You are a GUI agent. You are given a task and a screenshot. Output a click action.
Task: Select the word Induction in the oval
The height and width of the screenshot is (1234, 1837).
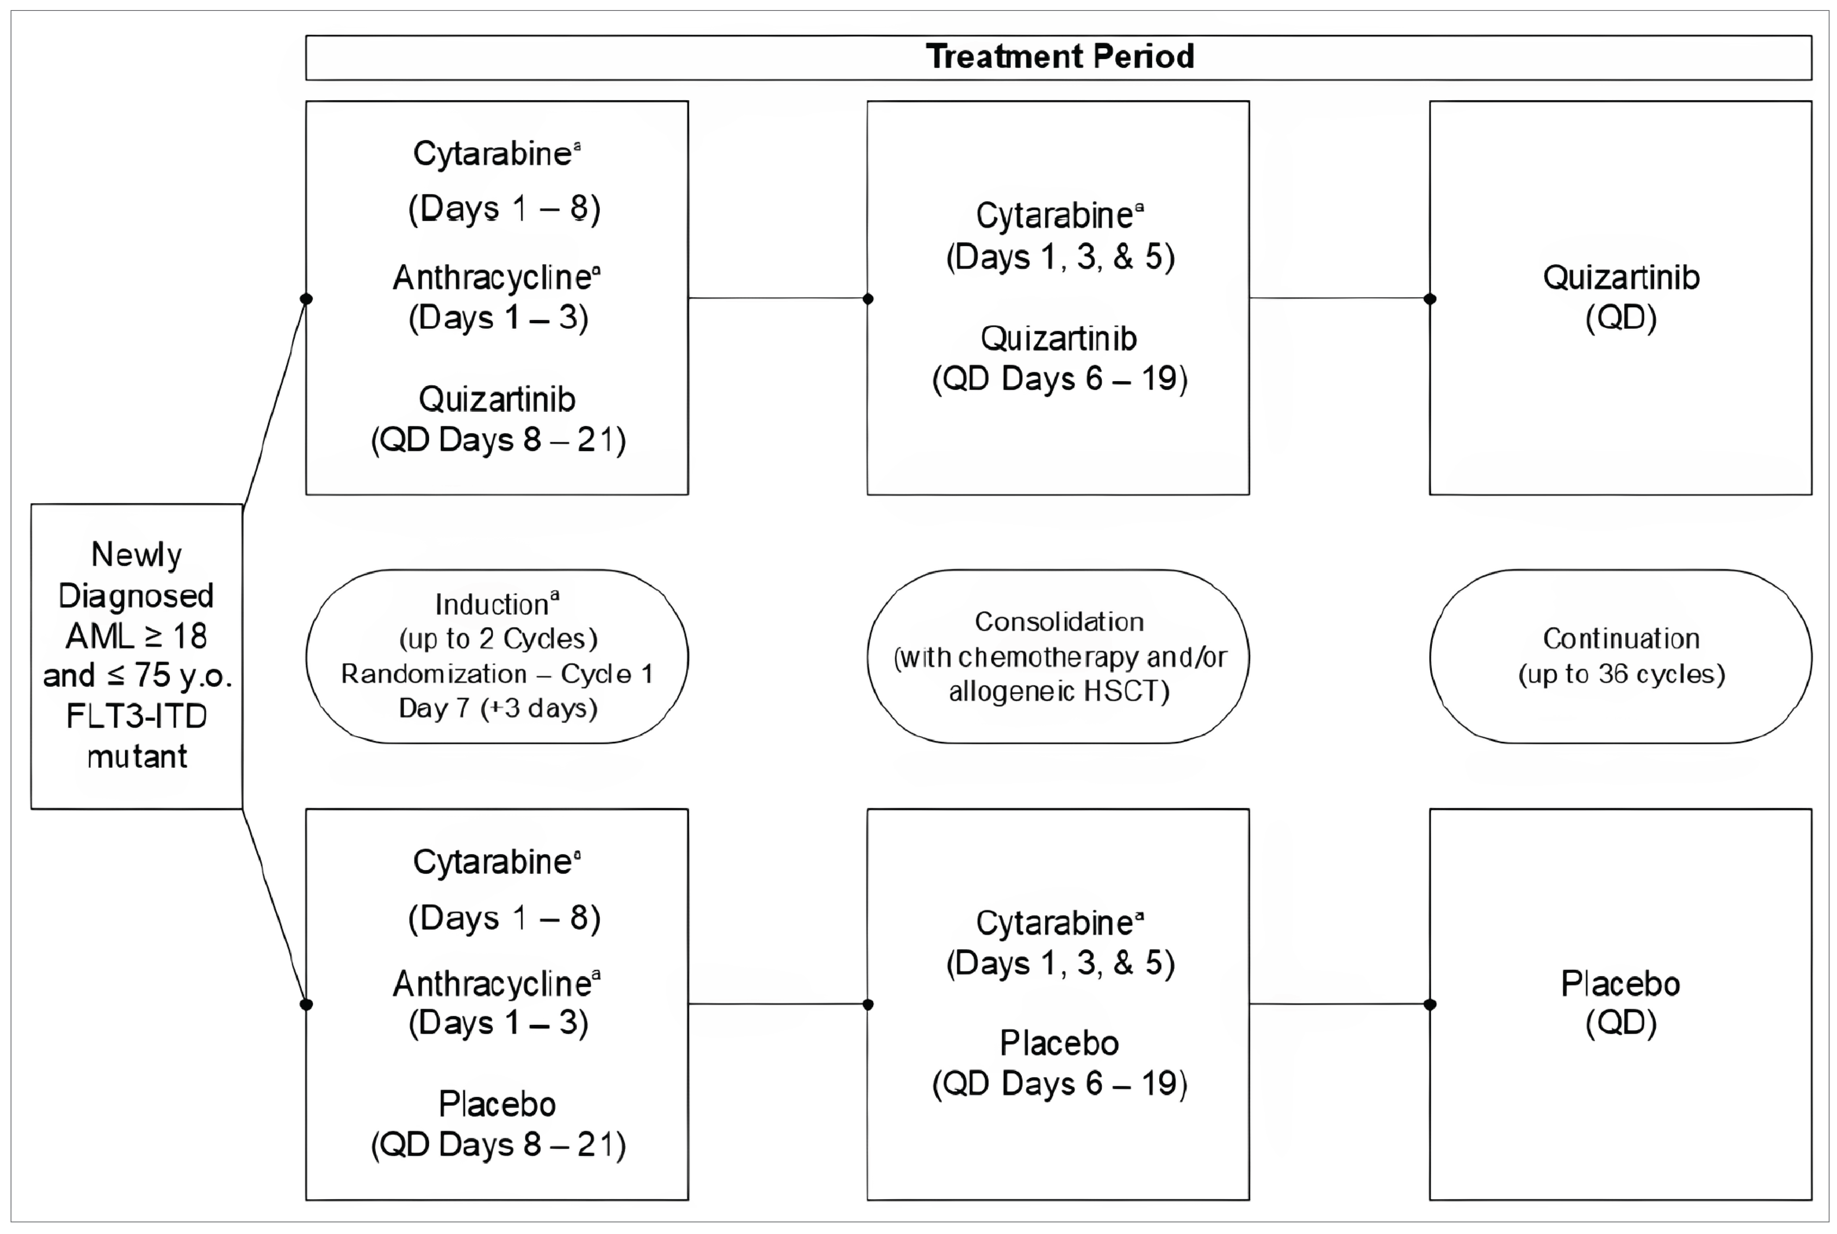pyautogui.click(x=492, y=604)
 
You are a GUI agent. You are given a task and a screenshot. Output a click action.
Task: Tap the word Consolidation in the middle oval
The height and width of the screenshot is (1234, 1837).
pyautogui.click(x=1059, y=622)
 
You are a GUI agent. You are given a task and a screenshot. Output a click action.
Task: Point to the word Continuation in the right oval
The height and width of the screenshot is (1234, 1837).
pyautogui.click(x=1621, y=638)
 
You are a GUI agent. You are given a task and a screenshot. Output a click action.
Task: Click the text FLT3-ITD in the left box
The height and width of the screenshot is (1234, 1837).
pyautogui.click(x=137, y=716)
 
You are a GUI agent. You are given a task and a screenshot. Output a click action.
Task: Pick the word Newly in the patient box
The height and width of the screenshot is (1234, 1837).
pyautogui.click(x=137, y=555)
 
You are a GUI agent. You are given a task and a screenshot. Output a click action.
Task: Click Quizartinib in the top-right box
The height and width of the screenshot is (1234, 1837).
pyautogui.click(x=1621, y=278)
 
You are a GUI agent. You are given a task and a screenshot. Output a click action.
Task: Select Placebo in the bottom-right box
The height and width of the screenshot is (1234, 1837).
pyautogui.click(x=1621, y=984)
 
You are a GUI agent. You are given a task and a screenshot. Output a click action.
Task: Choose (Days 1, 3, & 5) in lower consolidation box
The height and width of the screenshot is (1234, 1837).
pyautogui.click(x=1059, y=963)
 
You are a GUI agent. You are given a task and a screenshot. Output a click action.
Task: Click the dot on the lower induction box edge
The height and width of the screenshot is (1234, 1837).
pyautogui.click(x=306, y=1004)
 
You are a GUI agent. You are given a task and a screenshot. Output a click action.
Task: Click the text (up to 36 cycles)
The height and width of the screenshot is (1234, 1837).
pyautogui.click(x=1621, y=675)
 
